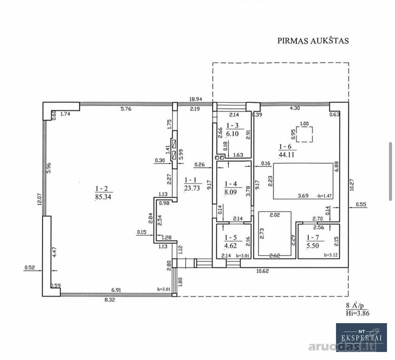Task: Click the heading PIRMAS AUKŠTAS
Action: click(x=313, y=41)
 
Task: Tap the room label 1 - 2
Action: click(x=101, y=188)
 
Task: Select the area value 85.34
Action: click(x=103, y=197)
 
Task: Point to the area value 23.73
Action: click(x=192, y=188)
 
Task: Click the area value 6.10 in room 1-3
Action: click(x=232, y=134)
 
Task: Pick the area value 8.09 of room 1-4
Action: click(x=231, y=192)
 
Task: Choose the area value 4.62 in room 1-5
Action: click(x=231, y=246)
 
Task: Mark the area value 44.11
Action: click(x=287, y=154)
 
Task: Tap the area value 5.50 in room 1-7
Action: click(x=313, y=246)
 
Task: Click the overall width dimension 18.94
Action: click(x=195, y=99)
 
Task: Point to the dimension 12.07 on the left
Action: click(x=39, y=199)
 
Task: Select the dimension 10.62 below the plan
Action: click(x=263, y=271)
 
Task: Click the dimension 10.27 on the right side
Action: click(x=352, y=184)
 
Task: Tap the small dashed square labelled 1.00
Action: click(x=305, y=134)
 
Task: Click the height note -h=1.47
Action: click(x=324, y=196)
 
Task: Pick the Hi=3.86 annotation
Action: click(x=358, y=313)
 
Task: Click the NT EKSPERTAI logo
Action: click(x=361, y=337)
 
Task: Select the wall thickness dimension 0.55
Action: click(x=361, y=205)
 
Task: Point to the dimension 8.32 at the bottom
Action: click(x=110, y=300)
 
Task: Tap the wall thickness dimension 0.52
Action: click(x=30, y=268)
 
